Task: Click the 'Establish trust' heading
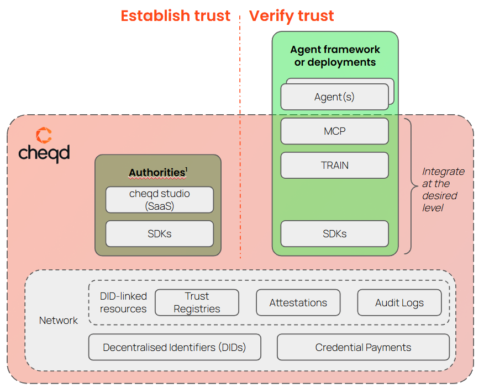click(x=175, y=15)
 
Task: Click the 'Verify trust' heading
click(x=291, y=15)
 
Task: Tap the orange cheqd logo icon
click(x=44, y=135)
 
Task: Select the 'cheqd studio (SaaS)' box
click(x=159, y=200)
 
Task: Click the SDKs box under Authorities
click(x=159, y=233)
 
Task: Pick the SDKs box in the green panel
click(x=334, y=233)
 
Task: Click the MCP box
click(x=334, y=131)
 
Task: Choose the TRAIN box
click(x=334, y=165)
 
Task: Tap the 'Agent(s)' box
click(x=334, y=97)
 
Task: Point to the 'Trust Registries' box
click(x=197, y=302)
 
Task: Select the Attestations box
click(x=298, y=302)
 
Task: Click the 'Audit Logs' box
click(x=399, y=302)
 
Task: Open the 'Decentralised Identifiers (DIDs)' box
click(x=174, y=347)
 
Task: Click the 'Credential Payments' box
click(x=363, y=347)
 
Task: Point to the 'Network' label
click(x=59, y=321)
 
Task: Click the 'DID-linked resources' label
click(x=123, y=302)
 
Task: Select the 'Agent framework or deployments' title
click(x=335, y=56)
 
